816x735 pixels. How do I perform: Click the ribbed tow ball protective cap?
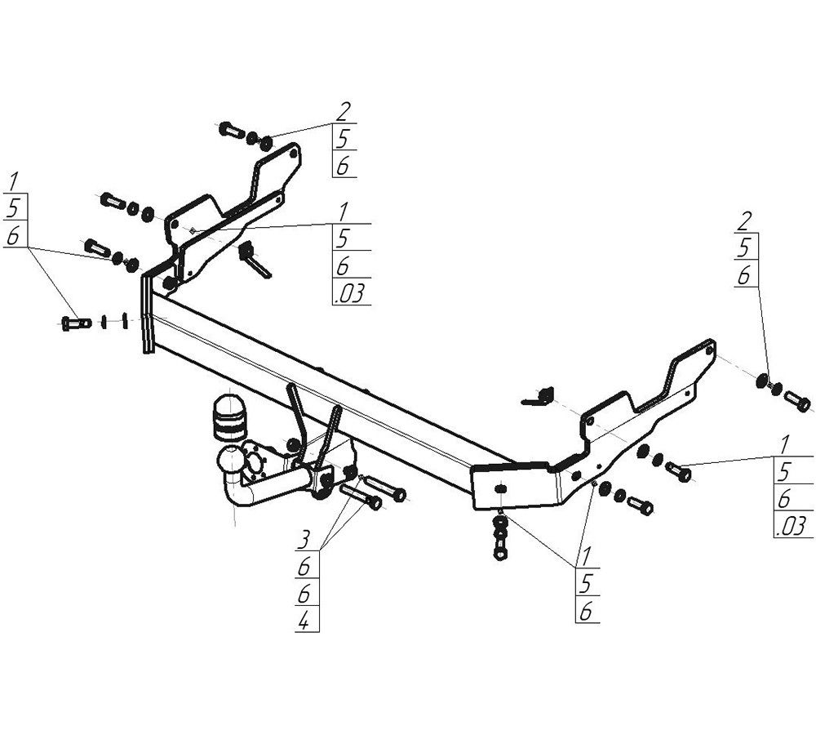(x=229, y=418)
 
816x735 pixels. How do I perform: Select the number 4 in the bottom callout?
(x=304, y=620)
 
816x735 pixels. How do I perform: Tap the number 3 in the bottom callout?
(x=304, y=539)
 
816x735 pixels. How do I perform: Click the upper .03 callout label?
(x=350, y=292)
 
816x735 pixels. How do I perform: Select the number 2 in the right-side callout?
(x=744, y=221)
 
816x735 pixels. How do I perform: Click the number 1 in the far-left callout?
(x=14, y=181)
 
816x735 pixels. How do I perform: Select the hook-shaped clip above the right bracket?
(x=539, y=396)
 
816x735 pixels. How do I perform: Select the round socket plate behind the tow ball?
(x=255, y=461)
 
